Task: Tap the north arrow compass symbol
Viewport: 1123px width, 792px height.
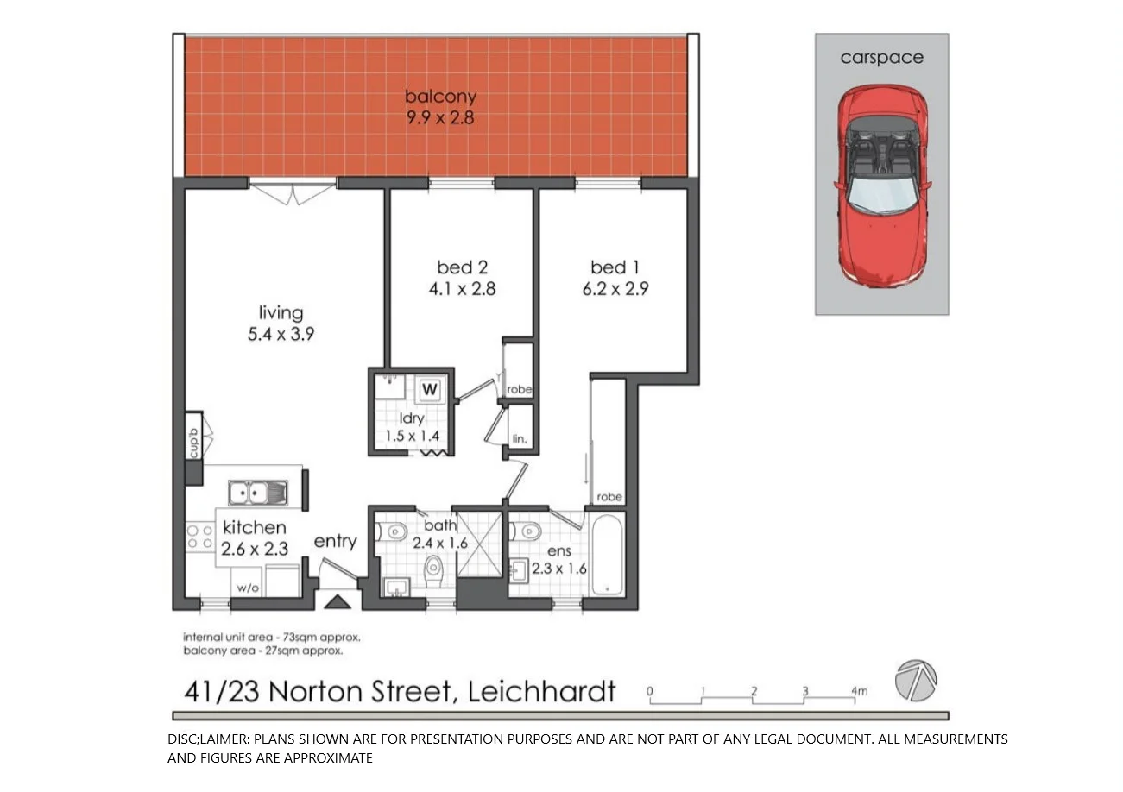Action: tap(915, 681)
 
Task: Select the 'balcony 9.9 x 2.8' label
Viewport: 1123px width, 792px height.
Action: tap(440, 107)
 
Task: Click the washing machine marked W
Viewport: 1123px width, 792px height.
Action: tap(430, 390)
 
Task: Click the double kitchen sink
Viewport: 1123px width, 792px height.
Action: tap(256, 493)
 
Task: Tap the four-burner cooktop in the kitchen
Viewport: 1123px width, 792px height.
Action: tap(200, 537)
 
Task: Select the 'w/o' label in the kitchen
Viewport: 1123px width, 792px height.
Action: tap(248, 588)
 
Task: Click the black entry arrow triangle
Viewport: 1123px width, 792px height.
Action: tap(338, 601)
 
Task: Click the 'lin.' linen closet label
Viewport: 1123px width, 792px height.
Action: tap(519, 439)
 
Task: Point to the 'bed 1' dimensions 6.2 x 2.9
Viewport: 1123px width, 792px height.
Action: tap(615, 289)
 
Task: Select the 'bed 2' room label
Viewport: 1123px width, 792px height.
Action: tap(462, 267)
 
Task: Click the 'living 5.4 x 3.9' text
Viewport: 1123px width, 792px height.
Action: tap(281, 324)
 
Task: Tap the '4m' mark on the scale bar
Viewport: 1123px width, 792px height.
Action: tap(859, 690)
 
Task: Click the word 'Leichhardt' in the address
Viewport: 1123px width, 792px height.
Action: tap(541, 691)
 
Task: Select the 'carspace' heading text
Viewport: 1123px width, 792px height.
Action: tap(881, 58)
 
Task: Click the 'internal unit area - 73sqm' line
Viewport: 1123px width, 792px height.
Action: tap(271, 638)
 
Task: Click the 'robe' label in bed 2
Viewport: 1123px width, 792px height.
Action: tap(519, 389)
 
